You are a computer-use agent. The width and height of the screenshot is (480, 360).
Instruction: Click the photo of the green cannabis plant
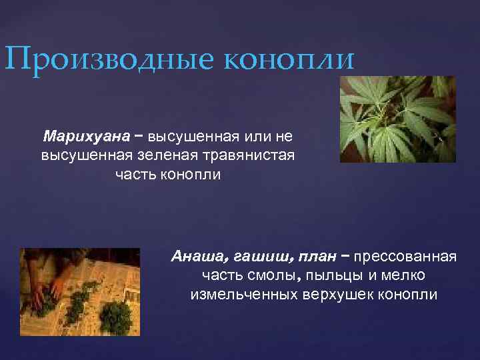(x=397, y=119)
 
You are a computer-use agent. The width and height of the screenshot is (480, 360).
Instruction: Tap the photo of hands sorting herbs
(x=79, y=292)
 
